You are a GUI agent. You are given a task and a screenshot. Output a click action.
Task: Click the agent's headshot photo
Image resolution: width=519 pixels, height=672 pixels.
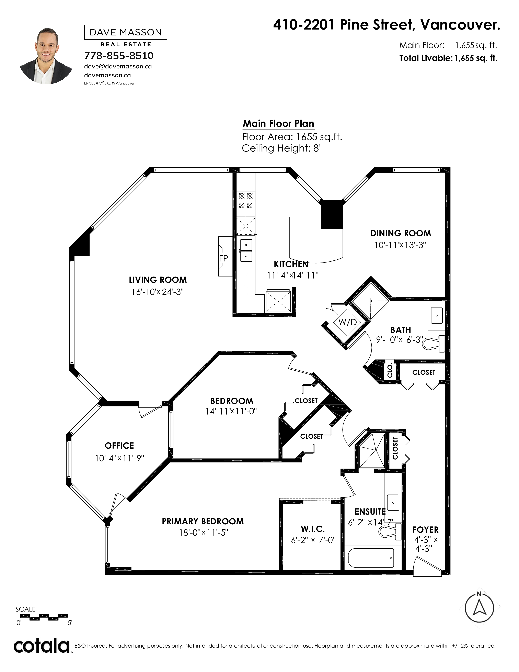coord(46,56)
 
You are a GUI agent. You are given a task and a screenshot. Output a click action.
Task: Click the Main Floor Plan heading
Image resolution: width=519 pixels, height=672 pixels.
coord(279,124)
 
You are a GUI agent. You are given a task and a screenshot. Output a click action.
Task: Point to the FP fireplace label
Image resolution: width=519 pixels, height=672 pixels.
coord(223,258)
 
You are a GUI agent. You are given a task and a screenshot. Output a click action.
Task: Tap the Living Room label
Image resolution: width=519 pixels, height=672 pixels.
coord(158,280)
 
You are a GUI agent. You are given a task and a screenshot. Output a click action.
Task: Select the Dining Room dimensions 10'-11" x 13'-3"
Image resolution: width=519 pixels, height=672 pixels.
coord(400,245)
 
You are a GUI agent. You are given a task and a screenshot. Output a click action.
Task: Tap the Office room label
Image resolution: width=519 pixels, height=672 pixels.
coord(119,446)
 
